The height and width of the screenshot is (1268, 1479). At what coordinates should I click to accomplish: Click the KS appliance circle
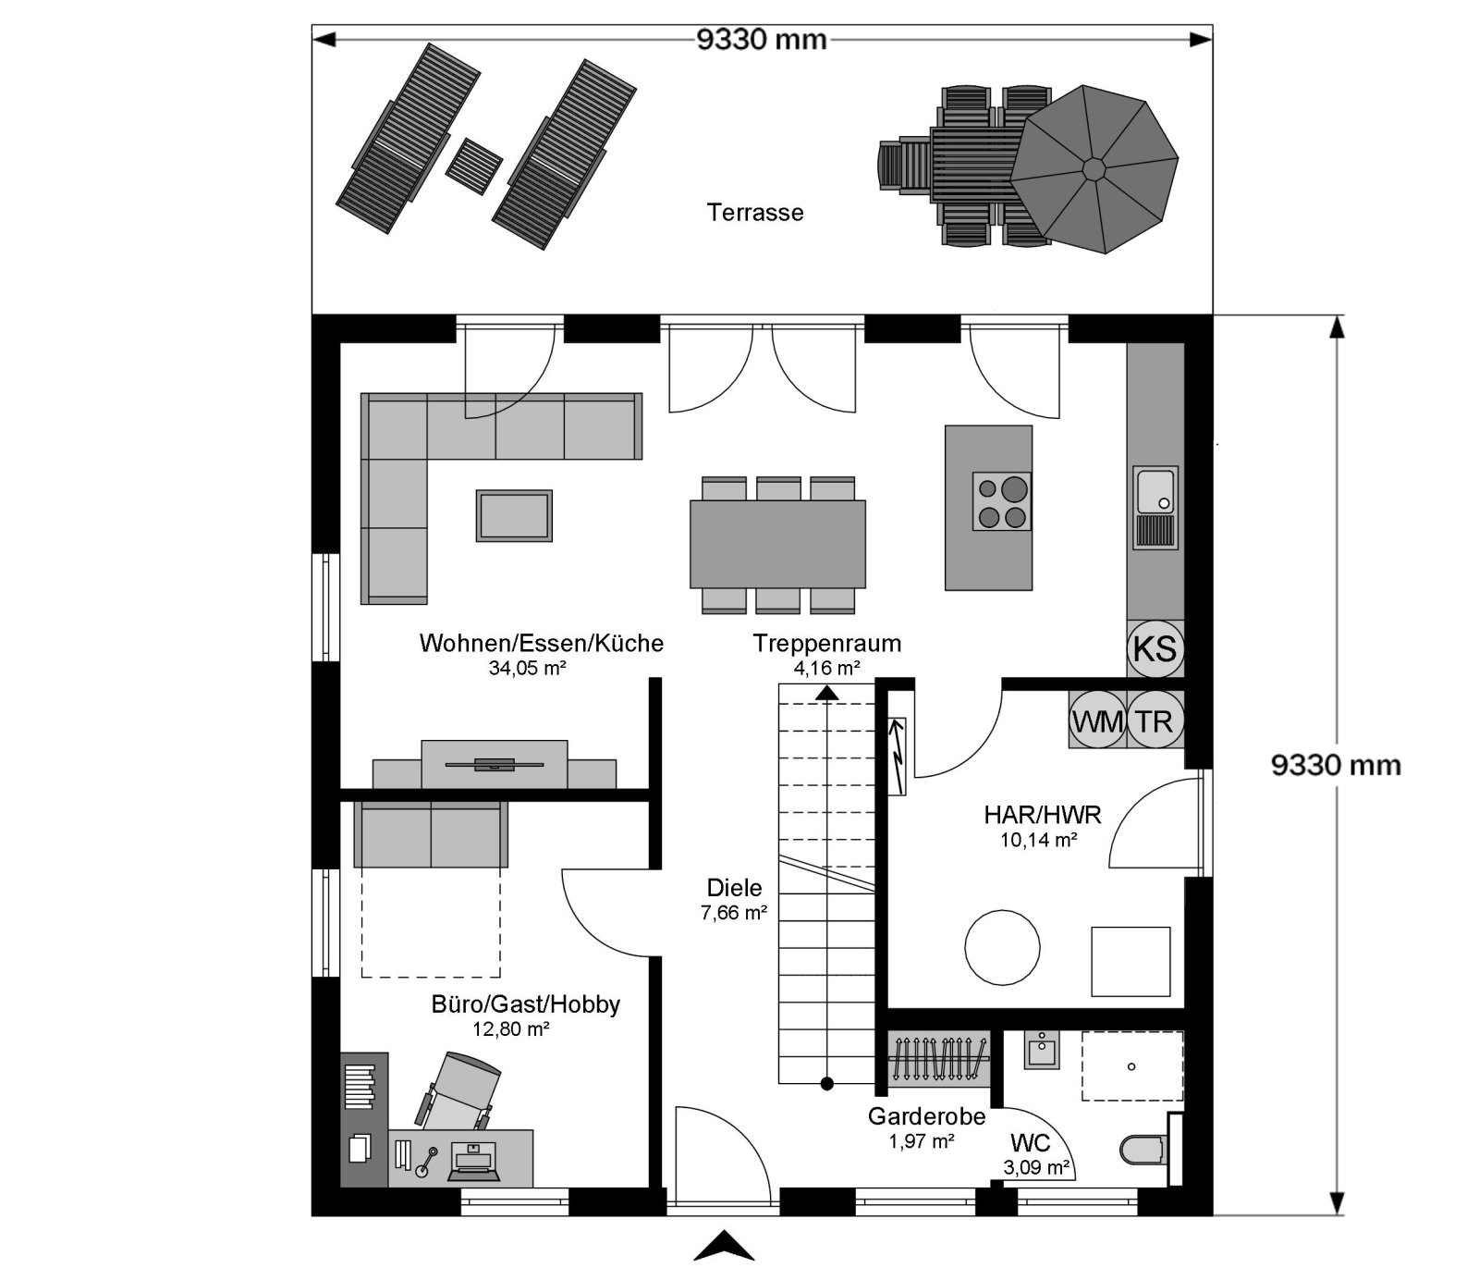1155,647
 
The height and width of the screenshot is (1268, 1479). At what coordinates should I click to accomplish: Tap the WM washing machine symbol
1097,720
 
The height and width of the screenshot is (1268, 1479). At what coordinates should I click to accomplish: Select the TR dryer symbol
1155,720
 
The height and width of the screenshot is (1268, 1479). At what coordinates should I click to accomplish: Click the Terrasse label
755,213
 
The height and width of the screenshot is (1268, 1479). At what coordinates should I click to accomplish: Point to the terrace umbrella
1094,169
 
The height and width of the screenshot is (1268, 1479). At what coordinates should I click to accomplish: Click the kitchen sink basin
1155,491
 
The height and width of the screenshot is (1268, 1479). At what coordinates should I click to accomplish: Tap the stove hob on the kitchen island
1001,501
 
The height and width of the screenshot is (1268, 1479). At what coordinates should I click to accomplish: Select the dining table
777,544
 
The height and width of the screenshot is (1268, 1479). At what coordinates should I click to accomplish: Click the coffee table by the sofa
514,515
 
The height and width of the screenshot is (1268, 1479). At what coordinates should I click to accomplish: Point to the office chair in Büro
461,1091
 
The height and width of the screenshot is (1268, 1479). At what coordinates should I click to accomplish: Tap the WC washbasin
1042,1050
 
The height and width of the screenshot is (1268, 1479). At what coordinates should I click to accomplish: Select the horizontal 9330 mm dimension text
761,40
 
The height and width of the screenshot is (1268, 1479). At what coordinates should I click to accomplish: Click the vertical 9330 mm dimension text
1336,765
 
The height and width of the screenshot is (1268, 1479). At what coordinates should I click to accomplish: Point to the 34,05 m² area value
527,668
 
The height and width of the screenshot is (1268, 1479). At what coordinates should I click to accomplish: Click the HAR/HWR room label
1042,815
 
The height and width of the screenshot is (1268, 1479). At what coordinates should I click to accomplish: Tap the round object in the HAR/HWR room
1002,948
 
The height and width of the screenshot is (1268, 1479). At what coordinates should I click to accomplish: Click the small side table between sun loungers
474,166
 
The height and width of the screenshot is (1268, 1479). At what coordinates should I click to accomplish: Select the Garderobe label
926,1116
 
